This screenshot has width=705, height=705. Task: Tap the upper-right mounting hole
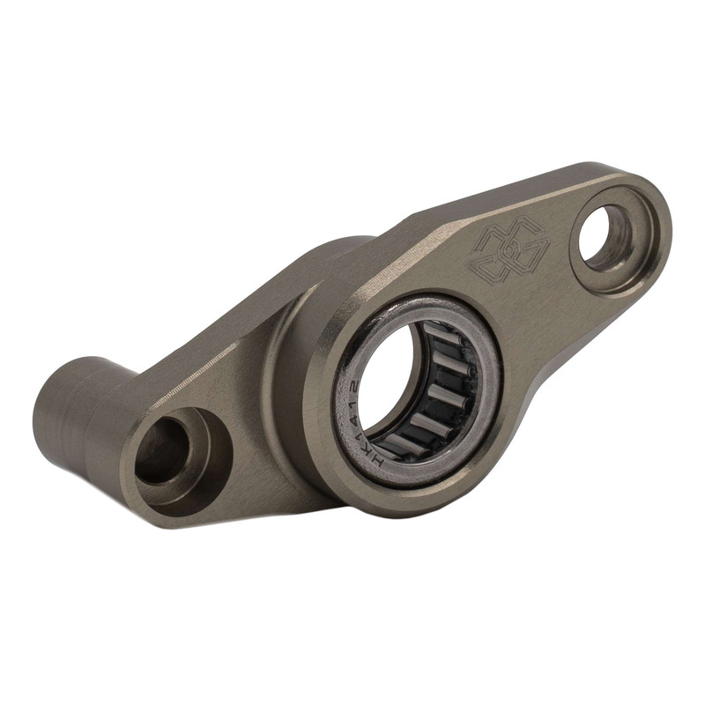coord(605,236)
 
